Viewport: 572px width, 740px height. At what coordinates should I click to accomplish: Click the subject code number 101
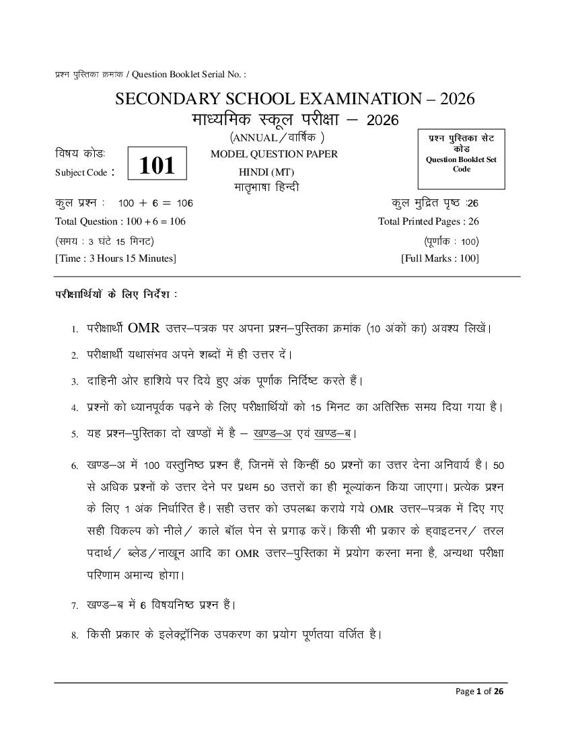(157, 165)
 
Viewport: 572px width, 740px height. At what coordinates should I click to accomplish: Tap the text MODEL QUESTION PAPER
(274, 154)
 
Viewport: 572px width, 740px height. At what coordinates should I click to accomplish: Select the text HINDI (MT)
(252, 171)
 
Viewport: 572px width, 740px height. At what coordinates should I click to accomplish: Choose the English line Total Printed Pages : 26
(429, 221)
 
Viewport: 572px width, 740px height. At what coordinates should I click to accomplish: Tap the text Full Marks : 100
(440, 258)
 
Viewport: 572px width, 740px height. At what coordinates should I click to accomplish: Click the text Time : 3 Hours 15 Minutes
(115, 258)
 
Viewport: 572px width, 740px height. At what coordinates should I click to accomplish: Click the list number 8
(75, 634)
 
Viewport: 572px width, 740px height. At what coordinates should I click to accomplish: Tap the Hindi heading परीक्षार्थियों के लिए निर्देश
(116, 295)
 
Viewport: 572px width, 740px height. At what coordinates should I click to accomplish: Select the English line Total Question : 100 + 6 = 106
(120, 221)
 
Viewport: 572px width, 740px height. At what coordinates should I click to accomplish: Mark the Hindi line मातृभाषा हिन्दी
(266, 187)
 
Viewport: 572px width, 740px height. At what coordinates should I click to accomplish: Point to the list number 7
(75, 605)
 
